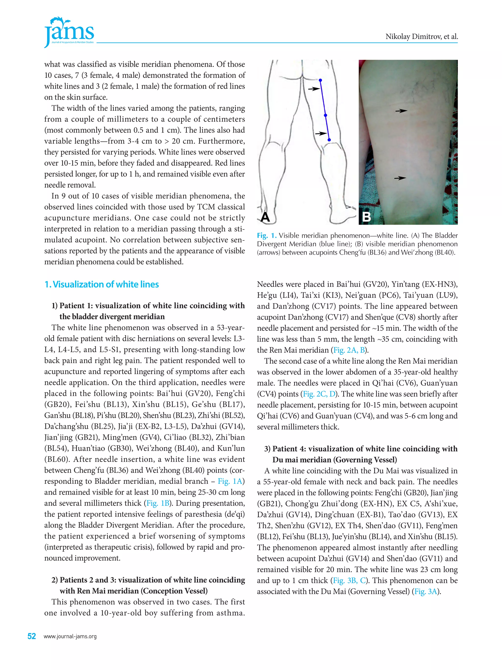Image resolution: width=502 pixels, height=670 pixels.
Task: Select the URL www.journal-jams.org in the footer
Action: [70, 636]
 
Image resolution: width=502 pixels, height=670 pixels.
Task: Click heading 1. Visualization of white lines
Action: [101, 284]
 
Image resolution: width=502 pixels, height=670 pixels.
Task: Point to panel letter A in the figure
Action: [265, 217]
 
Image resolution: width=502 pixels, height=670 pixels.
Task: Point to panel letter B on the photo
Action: [366, 217]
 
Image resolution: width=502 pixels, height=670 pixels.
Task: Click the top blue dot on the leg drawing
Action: [320, 80]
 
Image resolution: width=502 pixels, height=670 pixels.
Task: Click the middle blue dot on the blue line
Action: [326, 115]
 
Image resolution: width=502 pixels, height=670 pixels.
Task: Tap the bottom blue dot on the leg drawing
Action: [329, 140]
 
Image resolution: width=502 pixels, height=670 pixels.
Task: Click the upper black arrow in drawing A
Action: [314, 89]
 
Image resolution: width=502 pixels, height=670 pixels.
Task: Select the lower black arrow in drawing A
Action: [321, 133]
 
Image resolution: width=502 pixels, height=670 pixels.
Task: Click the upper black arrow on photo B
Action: [401, 111]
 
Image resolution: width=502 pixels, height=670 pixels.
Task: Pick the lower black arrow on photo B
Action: [400, 178]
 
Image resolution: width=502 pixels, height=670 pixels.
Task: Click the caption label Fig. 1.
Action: [267, 235]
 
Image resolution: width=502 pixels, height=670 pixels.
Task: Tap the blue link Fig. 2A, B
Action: [349, 350]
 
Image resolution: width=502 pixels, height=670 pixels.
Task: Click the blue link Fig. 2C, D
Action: [319, 394]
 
